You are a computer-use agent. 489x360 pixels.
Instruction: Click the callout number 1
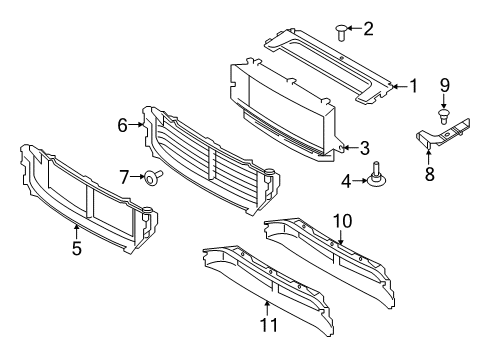click(x=412, y=86)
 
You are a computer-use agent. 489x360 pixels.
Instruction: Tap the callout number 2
click(x=368, y=29)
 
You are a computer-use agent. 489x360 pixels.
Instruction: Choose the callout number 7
click(x=126, y=176)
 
